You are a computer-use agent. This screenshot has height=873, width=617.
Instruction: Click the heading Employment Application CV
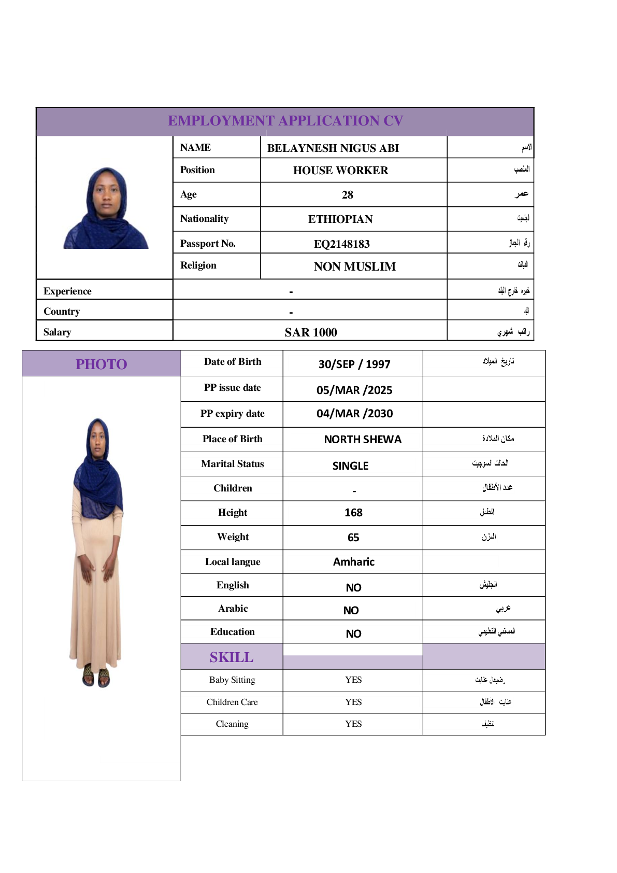[285, 121]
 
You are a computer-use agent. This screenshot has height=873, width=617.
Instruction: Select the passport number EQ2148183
[341, 244]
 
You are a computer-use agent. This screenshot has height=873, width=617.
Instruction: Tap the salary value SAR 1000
[310, 332]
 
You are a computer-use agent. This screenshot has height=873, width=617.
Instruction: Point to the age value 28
[347, 195]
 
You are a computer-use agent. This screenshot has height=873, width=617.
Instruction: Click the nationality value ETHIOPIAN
[340, 219]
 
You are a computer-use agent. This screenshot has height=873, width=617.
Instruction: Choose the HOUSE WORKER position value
[340, 171]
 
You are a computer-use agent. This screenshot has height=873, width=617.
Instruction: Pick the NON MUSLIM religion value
[354, 266]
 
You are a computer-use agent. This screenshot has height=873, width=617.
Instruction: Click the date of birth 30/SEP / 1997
[354, 364]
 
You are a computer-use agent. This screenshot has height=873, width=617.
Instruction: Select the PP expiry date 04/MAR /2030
[354, 414]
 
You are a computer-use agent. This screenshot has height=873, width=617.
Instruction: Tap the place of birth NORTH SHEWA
[363, 440]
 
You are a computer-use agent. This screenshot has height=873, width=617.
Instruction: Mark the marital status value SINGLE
[350, 466]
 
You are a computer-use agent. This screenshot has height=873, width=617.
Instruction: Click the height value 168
[353, 513]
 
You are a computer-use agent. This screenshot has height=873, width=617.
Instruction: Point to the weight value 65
[353, 538]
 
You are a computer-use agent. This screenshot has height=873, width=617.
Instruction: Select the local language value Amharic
[353, 562]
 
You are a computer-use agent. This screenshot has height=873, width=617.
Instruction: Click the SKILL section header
[232, 657]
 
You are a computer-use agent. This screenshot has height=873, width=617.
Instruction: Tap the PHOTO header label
[101, 364]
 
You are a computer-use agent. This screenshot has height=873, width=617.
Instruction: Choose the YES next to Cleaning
[353, 724]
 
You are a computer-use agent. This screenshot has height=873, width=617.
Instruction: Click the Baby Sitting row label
[232, 680]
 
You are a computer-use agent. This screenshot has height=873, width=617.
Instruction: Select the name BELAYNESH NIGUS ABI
[333, 148]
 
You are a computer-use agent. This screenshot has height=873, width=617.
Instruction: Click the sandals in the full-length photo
[96, 675]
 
